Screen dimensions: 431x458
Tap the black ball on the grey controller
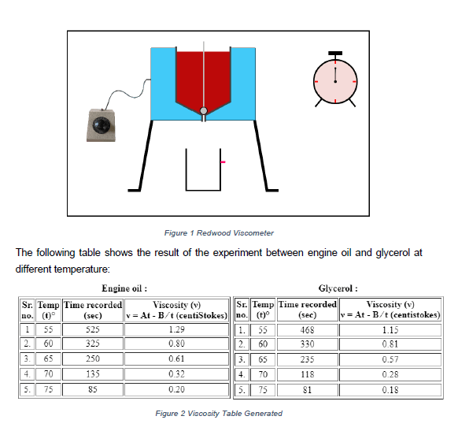pos(103,126)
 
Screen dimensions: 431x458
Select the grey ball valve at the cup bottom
pos(204,111)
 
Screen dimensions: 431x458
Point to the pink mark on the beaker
pos(223,162)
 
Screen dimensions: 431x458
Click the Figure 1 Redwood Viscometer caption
pos(219,233)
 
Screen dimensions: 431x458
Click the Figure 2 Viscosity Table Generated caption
pos(219,413)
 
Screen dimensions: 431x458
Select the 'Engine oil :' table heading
pos(125,288)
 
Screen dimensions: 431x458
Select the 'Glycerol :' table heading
pos(338,288)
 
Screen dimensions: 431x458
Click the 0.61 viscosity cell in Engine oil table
pos(176,359)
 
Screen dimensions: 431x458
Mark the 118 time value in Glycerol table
pos(307,373)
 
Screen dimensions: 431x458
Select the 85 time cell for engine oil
pos(92,388)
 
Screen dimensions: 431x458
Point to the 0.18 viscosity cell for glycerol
pos(390,388)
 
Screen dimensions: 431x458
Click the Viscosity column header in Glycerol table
pos(390,309)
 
